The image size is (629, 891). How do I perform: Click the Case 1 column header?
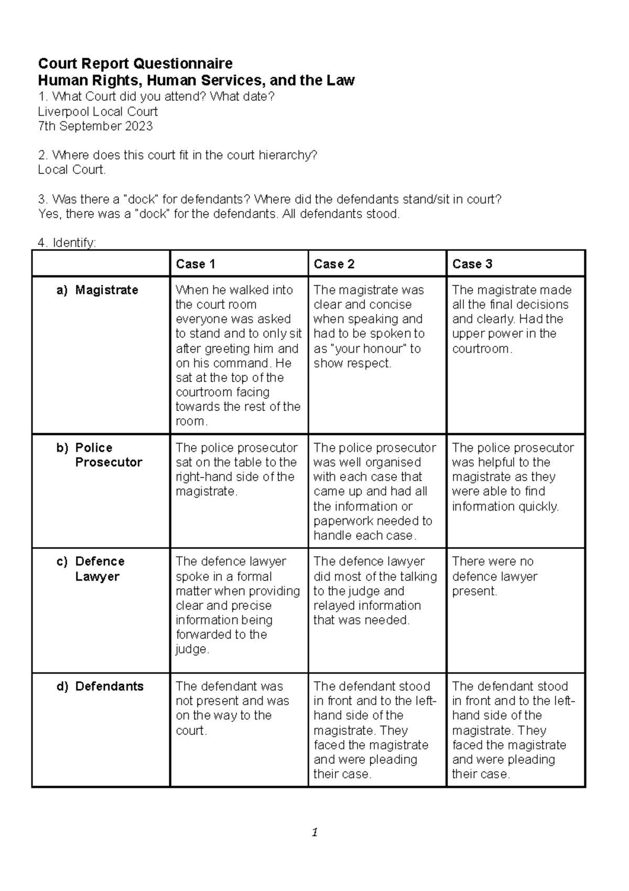196,264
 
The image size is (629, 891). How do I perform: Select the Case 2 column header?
334,264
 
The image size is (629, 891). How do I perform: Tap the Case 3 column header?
472,264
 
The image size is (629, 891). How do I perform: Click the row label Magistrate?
106,290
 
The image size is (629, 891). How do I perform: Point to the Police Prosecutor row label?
108,455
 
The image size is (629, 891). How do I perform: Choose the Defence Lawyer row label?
100,569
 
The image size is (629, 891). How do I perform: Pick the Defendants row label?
109,686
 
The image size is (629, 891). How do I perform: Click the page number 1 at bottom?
314,832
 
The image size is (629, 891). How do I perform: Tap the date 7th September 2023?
95,126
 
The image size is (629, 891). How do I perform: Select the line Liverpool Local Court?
97,112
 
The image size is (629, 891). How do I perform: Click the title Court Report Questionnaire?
135,64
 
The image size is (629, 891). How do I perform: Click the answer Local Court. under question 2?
72,170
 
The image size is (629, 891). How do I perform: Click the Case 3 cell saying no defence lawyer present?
494,576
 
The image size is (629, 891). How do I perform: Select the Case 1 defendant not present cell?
232,708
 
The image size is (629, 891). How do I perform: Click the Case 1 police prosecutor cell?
236,470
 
